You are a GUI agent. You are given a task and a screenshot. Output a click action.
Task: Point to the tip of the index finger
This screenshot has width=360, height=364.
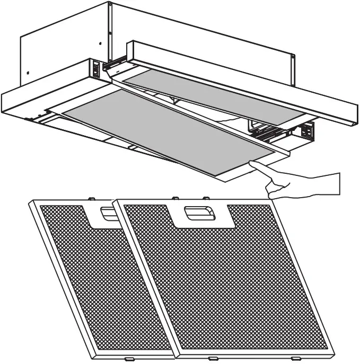(x=253, y=165)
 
